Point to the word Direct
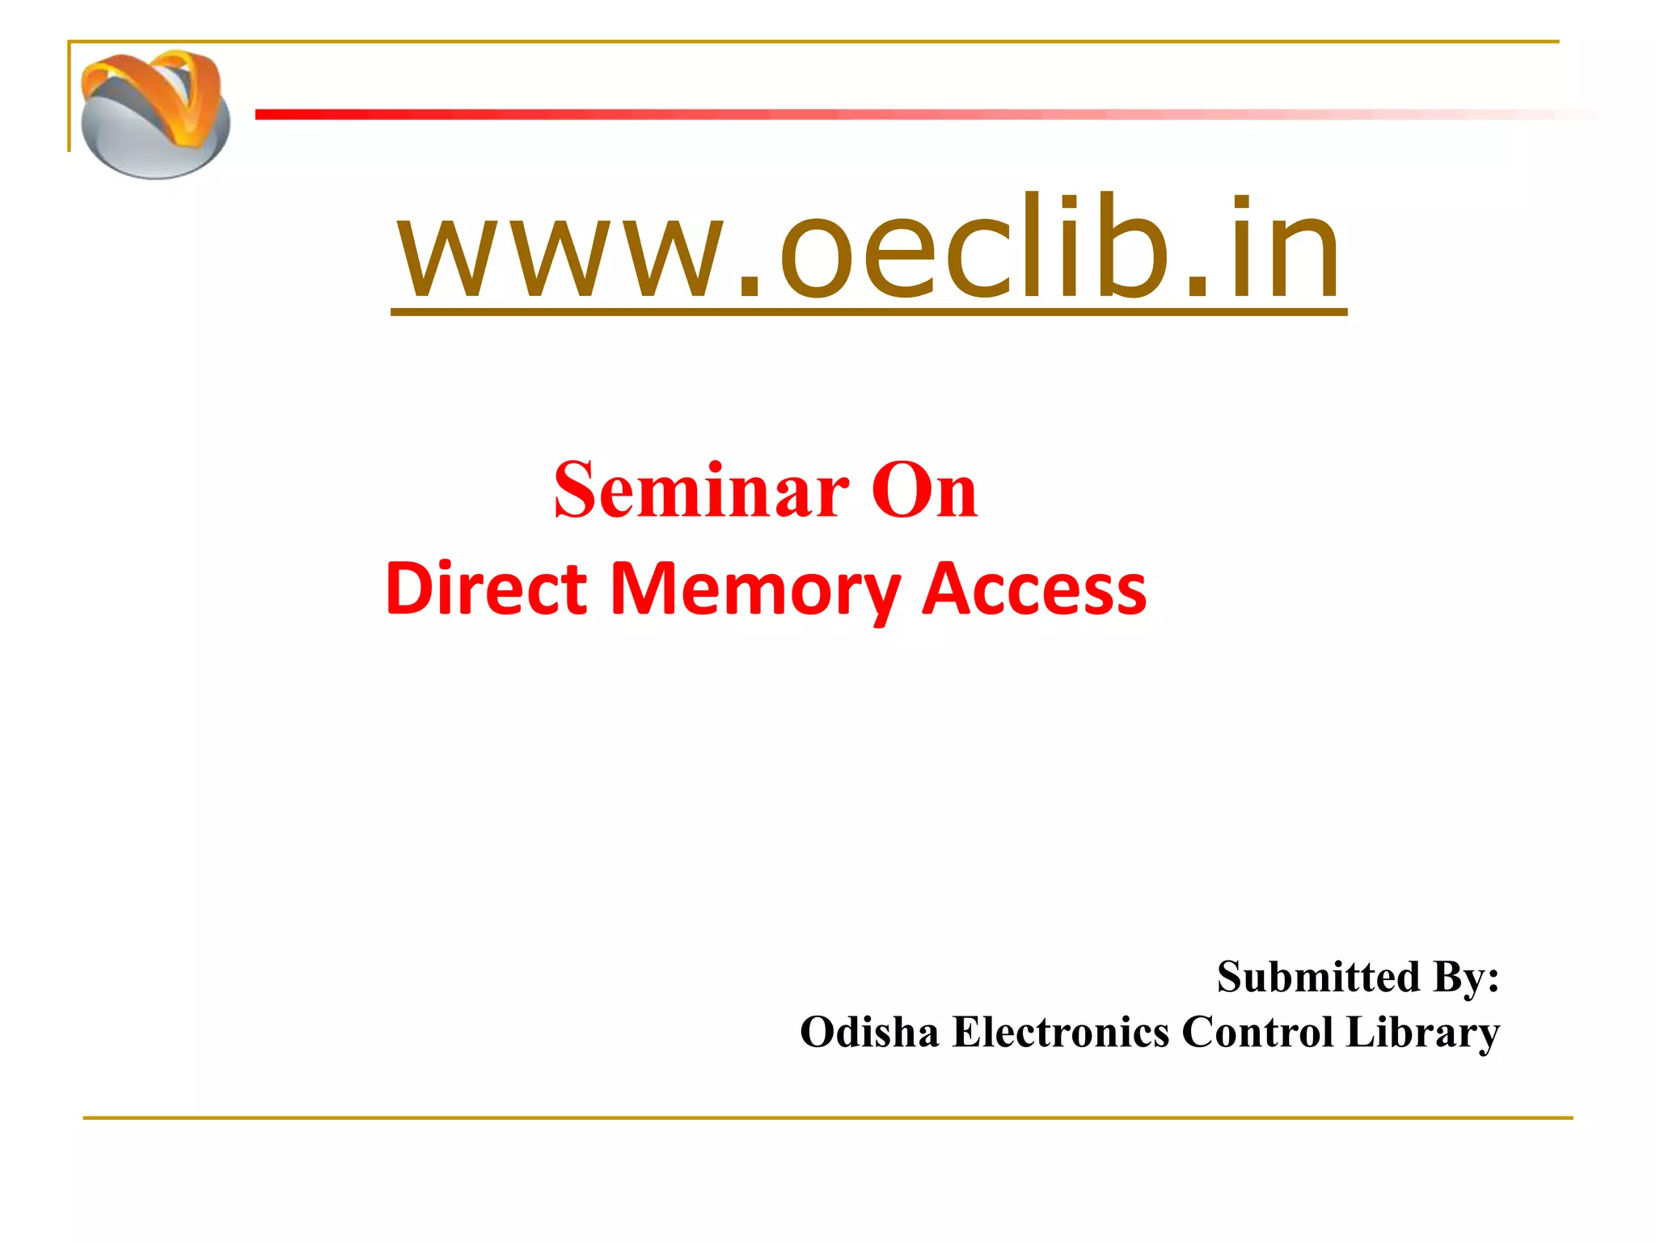[486, 589]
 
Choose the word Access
[1034, 589]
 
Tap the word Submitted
[1318, 977]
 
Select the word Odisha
[869, 1033]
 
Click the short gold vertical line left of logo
[70, 97]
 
